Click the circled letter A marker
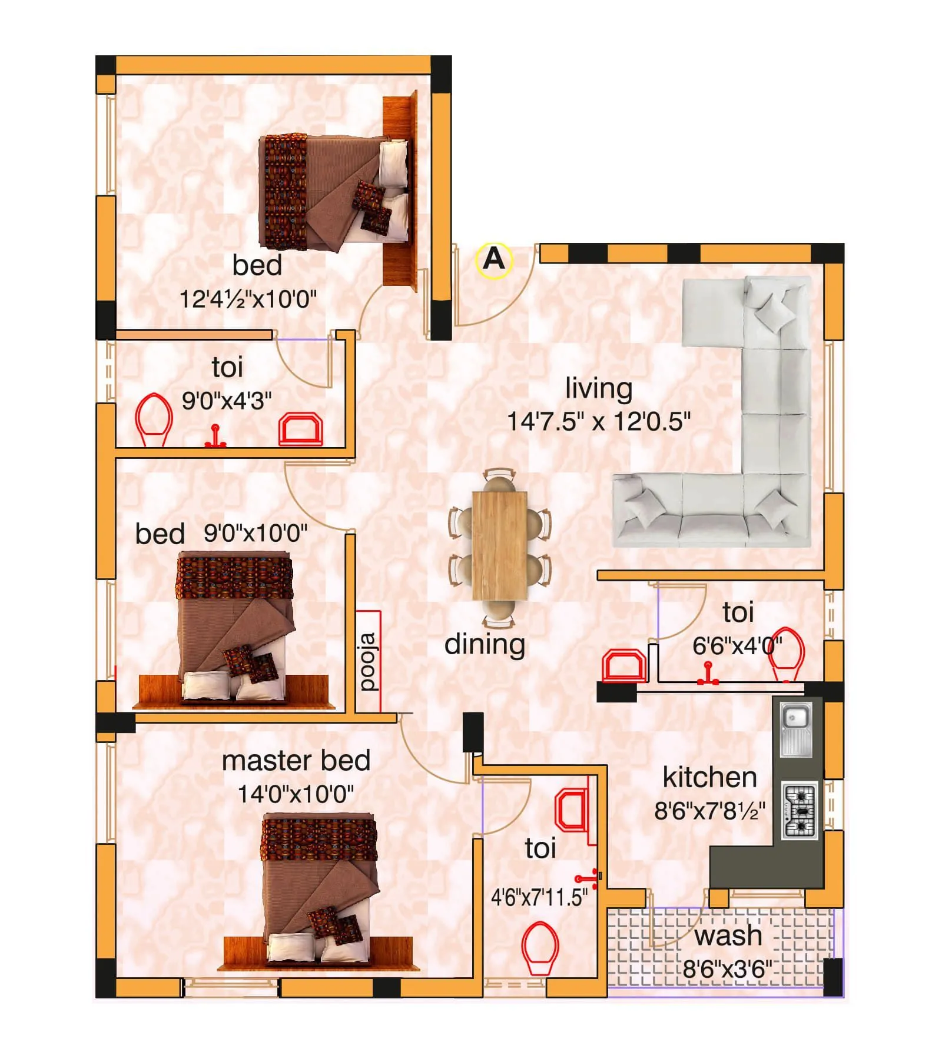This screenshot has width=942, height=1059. point(493,259)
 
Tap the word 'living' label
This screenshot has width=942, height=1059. point(598,388)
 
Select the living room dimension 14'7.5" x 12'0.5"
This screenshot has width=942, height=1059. point(598,421)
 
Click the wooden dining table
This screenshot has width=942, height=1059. point(499,545)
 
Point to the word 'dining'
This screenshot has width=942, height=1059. point(484,644)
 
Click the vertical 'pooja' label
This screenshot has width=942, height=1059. point(367,661)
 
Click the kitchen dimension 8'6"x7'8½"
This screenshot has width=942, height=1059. point(709,811)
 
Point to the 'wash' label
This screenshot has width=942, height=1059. point(728,935)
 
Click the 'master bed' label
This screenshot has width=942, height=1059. point(296,760)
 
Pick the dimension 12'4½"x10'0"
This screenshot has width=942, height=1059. point(247,299)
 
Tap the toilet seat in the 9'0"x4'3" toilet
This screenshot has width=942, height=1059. point(154,419)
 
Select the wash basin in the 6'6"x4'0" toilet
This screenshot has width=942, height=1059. point(623,666)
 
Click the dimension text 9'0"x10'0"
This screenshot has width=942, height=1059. point(255,534)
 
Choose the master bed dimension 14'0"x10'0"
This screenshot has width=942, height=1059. point(296,794)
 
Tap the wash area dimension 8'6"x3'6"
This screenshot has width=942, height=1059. point(727,968)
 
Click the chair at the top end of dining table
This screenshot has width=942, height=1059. point(499,478)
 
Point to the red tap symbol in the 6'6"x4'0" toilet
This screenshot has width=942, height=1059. point(708,674)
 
